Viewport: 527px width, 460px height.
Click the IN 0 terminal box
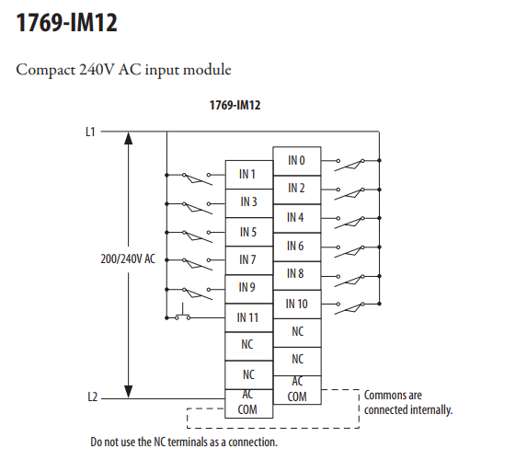coord(297,161)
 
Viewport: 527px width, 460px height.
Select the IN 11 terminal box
coord(248,317)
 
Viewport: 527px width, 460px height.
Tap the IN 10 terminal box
coord(297,305)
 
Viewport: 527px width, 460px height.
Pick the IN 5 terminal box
coord(248,232)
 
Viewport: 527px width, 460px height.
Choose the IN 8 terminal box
coord(297,276)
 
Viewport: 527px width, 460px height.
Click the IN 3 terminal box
coord(248,203)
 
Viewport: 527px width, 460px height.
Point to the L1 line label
coord(90,132)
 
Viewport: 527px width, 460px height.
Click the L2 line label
coord(92,397)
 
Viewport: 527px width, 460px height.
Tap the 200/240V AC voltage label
coord(128,259)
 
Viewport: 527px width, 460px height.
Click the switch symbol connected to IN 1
coord(197,178)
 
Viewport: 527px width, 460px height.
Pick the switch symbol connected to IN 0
coord(349,165)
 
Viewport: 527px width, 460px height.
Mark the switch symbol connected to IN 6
coord(349,251)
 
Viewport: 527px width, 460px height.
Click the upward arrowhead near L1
coord(129,138)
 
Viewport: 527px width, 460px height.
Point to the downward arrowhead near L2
coord(129,392)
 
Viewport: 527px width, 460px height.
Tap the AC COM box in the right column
coord(297,390)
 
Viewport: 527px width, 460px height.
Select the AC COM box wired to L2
coord(248,404)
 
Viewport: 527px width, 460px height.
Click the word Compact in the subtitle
coord(46,70)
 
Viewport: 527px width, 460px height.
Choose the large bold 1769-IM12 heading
coord(66,22)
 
